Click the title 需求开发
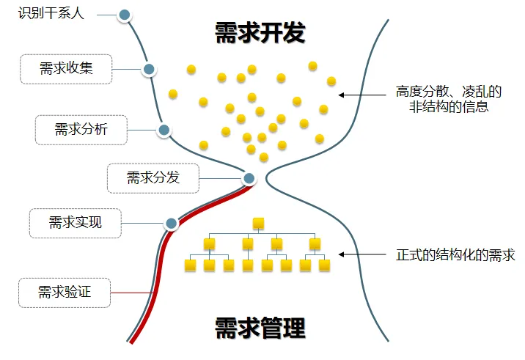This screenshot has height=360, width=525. [260, 33]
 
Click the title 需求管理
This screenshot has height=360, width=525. [260, 328]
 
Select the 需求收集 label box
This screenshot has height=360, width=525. [66, 69]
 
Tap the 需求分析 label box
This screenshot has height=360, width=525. [81, 130]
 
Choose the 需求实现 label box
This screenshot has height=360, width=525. [76, 223]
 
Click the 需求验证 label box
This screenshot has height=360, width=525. [65, 293]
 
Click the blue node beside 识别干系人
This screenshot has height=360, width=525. [125, 15]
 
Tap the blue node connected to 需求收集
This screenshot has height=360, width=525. [149, 70]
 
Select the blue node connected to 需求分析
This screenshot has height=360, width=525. [164, 131]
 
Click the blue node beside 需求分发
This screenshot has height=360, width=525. [249, 177]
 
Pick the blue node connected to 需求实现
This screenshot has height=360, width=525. [171, 223]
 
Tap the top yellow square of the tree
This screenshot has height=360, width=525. [257, 222]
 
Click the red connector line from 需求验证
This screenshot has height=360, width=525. [132, 293]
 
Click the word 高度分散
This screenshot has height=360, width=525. [419, 92]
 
